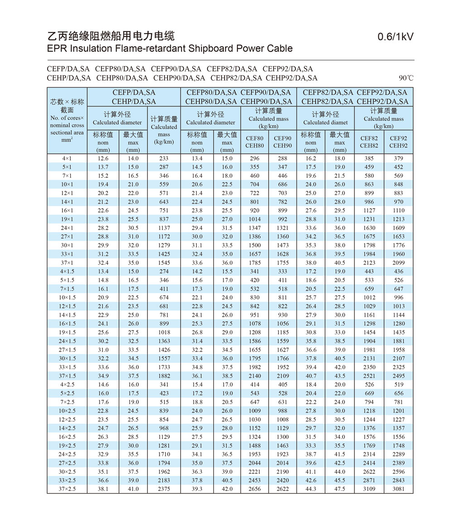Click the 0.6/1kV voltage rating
pyautogui.click(x=395, y=37)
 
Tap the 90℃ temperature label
pyautogui.click(x=406, y=78)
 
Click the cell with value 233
pyautogui.click(x=164, y=158)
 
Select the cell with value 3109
pyautogui.click(x=369, y=489)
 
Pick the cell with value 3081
pyautogui.click(x=399, y=489)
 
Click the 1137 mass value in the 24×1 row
pyautogui.click(x=164, y=228)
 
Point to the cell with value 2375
pyautogui.click(x=164, y=489)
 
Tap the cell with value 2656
pyautogui.click(x=255, y=489)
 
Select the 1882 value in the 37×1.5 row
pyautogui.click(x=164, y=376)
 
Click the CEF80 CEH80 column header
pyautogui.click(x=255, y=142)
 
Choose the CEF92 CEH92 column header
pyautogui.click(x=399, y=142)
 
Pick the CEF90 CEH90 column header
pyautogui.click(x=282, y=142)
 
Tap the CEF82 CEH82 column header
pyautogui.click(x=369, y=142)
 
